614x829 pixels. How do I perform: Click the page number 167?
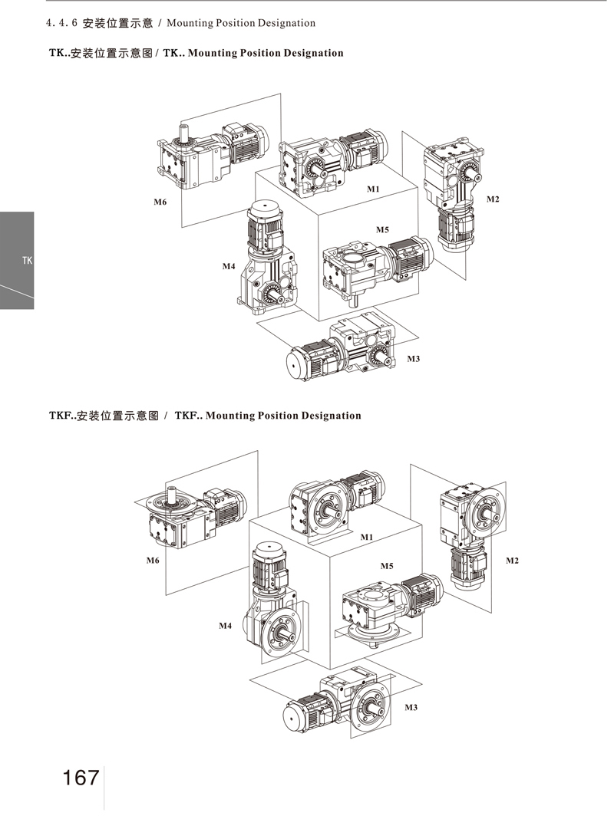click(x=81, y=777)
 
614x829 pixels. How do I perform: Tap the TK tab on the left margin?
click(x=27, y=261)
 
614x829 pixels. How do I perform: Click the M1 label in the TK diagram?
click(x=374, y=189)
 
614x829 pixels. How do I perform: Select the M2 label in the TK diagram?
click(x=493, y=199)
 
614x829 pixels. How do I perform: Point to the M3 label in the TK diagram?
click(x=413, y=359)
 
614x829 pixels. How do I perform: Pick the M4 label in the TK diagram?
click(x=228, y=266)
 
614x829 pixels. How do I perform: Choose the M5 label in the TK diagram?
click(x=382, y=229)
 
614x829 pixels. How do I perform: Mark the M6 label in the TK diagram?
click(x=160, y=202)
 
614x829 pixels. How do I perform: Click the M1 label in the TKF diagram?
click(x=367, y=537)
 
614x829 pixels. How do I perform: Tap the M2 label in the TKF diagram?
click(x=512, y=561)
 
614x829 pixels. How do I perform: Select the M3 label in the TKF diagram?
click(x=411, y=706)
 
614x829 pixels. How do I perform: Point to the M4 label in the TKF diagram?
click(x=225, y=626)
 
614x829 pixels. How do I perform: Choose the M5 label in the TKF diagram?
click(x=387, y=565)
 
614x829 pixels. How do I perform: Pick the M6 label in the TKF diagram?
click(x=153, y=561)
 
